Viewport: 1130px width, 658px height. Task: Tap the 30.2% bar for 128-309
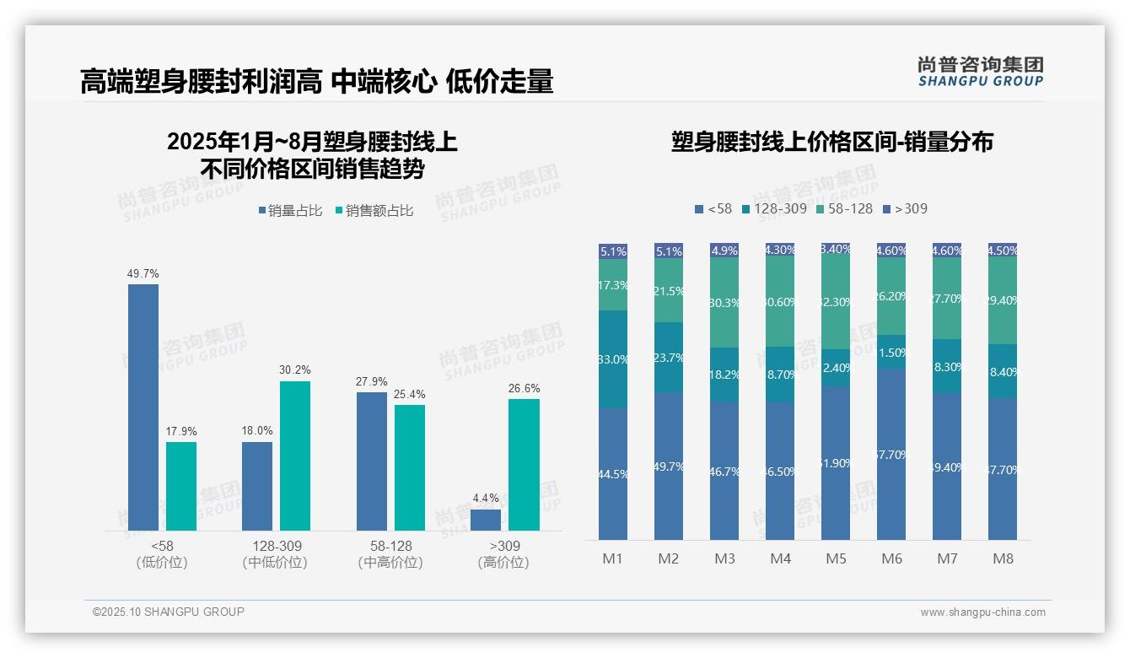tap(295, 456)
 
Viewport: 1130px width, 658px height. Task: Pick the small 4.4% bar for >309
tap(486, 520)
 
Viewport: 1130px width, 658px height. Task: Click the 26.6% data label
tap(524, 389)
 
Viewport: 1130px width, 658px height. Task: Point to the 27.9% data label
tap(371, 381)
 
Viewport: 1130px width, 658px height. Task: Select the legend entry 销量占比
tap(290, 211)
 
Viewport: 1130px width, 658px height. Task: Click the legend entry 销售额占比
tap(374, 211)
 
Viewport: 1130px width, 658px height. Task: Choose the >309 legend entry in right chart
tap(905, 208)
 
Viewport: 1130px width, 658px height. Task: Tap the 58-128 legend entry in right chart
tap(845, 208)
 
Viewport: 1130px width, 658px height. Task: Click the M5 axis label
tap(836, 558)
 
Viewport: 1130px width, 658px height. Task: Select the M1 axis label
tap(612, 558)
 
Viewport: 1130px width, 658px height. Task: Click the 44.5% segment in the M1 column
tap(613, 474)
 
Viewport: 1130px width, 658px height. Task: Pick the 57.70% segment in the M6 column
tap(891, 454)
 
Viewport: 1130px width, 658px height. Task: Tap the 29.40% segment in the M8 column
tap(1003, 300)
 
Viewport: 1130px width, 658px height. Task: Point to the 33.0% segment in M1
tap(613, 359)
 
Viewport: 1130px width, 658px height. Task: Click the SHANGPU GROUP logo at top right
tap(980, 72)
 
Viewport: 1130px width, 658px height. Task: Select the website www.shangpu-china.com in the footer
tap(982, 612)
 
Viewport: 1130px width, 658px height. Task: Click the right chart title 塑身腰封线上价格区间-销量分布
tap(831, 142)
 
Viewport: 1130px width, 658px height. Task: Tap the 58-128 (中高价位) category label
tap(390, 554)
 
